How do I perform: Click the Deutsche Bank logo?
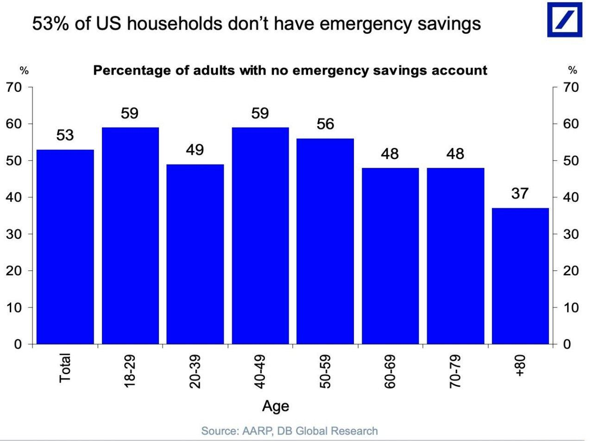[564, 19]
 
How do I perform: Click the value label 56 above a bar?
[325, 124]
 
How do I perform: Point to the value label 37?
[520, 193]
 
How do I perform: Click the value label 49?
[195, 150]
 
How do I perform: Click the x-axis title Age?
[276, 406]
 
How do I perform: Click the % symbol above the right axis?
[573, 70]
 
